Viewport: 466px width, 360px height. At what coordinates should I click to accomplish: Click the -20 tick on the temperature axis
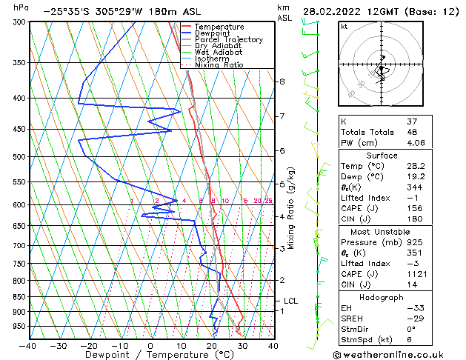(x=89, y=346)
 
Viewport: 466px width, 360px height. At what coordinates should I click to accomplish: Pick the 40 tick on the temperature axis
(x=273, y=346)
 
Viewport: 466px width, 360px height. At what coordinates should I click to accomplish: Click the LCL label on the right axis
(x=290, y=301)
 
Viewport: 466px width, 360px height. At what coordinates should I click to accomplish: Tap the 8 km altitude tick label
(x=282, y=81)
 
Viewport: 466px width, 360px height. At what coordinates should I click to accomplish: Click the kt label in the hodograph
(x=344, y=26)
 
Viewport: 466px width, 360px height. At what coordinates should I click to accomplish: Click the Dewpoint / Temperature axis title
(x=150, y=356)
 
